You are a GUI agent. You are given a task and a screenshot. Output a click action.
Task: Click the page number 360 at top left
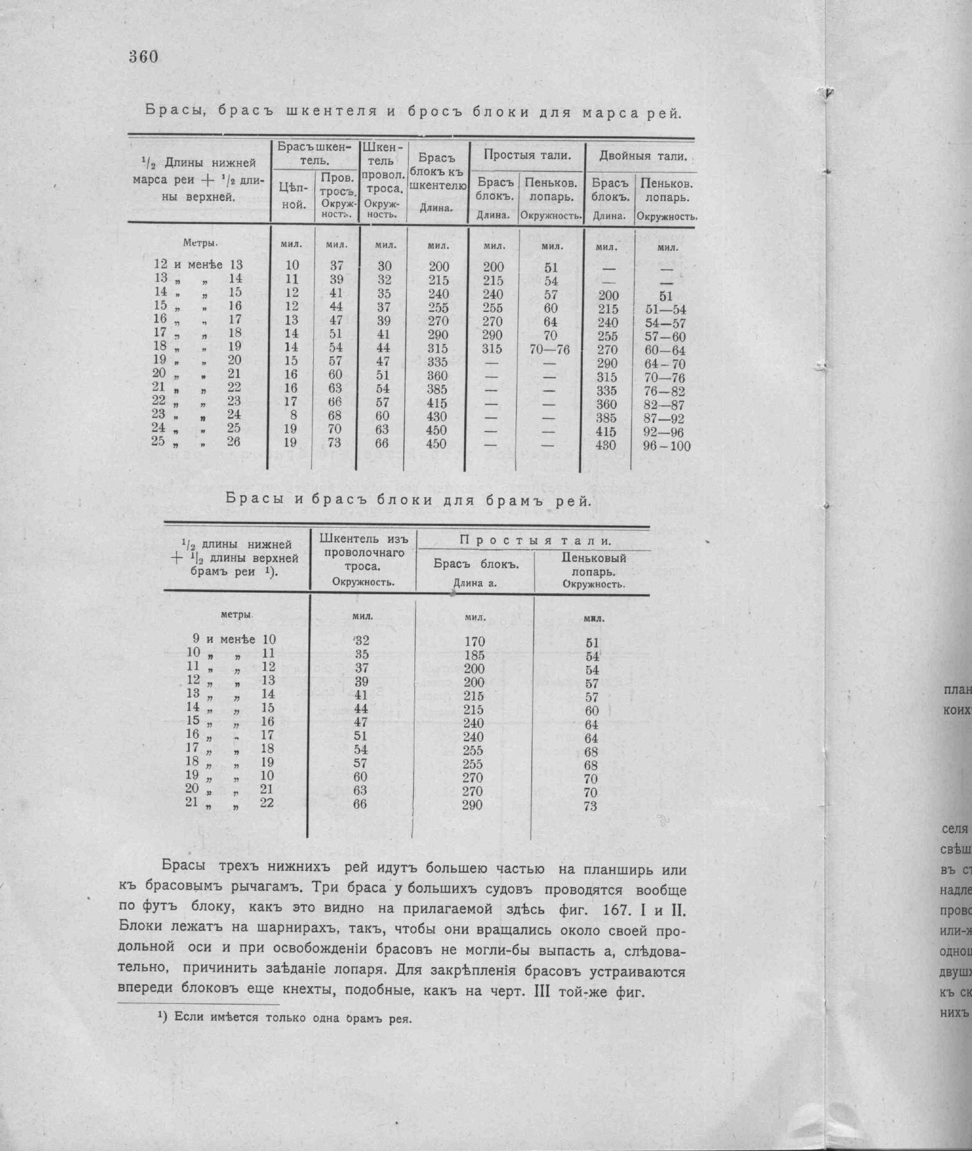[143, 57]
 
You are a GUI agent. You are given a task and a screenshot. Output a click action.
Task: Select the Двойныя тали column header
[643, 156]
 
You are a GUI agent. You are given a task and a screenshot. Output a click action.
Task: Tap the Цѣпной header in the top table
[293, 195]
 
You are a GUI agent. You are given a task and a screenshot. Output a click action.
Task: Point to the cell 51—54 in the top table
[665, 310]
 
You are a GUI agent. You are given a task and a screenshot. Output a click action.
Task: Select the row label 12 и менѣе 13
[198, 265]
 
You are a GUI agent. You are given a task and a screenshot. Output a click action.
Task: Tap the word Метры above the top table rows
[201, 243]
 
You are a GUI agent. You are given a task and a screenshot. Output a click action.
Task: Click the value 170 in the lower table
[474, 642]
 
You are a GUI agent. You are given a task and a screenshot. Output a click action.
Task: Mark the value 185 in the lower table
[474, 655]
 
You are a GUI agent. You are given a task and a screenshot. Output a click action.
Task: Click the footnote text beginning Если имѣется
[292, 1017]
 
